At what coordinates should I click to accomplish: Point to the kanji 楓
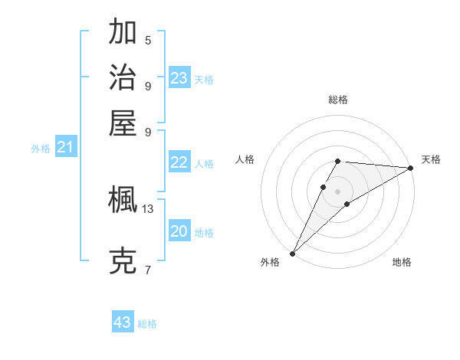click(123, 201)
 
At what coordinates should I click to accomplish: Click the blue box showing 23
click(179, 78)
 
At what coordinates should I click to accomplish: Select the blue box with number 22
click(179, 162)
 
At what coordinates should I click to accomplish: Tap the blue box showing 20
click(179, 231)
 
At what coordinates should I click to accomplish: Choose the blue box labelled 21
click(65, 147)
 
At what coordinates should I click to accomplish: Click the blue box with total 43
click(123, 322)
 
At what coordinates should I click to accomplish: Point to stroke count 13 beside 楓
click(148, 208)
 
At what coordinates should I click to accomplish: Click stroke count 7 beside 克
click(148, 270)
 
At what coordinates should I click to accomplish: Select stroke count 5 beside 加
click(148, 40)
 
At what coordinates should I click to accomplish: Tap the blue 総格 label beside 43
click(147, 324)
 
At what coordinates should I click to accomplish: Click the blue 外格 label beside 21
click(41, 149)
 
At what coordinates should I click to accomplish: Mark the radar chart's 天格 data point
click(411, 169)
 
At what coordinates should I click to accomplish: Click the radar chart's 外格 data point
click(292, 253)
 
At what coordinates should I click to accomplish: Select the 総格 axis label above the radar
click(337, 100)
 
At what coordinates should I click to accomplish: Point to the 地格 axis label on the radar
click(402, 262)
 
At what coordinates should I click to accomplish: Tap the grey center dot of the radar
click(337, 190)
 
